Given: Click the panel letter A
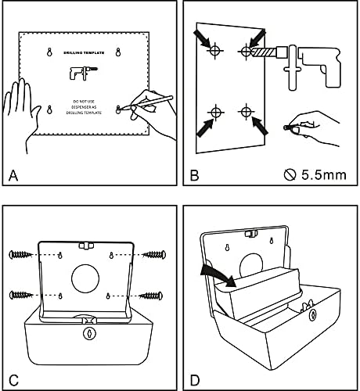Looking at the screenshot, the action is point(13,175).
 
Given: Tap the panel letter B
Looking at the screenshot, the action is point(195,175).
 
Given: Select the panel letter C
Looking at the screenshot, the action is point(13,380).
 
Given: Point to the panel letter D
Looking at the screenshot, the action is point(195,380).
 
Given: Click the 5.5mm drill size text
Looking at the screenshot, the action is point(324,175).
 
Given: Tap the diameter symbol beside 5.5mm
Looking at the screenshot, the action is point(290,175).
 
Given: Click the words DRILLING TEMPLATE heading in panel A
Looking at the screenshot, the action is point(84,52).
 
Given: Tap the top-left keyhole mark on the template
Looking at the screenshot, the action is point(49,52).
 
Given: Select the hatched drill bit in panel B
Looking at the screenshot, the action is point(264,52).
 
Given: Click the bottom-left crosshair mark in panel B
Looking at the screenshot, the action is point(216,113).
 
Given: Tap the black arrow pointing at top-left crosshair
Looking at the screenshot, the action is point(203,38).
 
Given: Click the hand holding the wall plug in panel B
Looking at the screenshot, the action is point(313,127).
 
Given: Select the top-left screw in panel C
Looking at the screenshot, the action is point(21,254).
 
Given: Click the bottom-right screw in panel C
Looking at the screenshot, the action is point(151,296).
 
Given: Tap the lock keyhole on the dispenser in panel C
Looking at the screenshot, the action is point(89,333).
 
